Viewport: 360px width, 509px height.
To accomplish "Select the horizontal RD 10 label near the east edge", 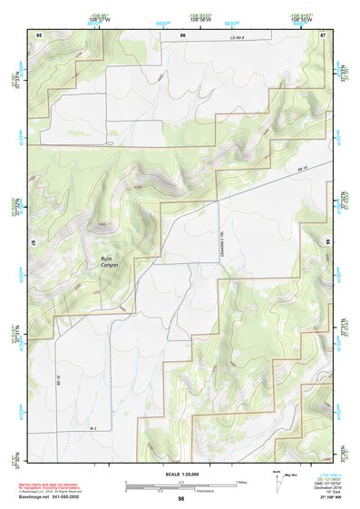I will pos(302,169).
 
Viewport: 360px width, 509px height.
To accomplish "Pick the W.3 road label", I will pos(92,427).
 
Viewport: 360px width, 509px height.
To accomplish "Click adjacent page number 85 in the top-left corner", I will pos(39,34).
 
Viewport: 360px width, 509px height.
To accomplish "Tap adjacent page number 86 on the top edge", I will pos(182,34).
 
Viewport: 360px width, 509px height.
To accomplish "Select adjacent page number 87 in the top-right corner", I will pos(323,34).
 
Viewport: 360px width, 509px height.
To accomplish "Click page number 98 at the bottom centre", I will pos(181,498).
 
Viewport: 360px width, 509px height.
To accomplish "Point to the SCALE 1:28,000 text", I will pos(181,474).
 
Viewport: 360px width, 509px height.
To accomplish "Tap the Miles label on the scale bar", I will pos(239,482).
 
